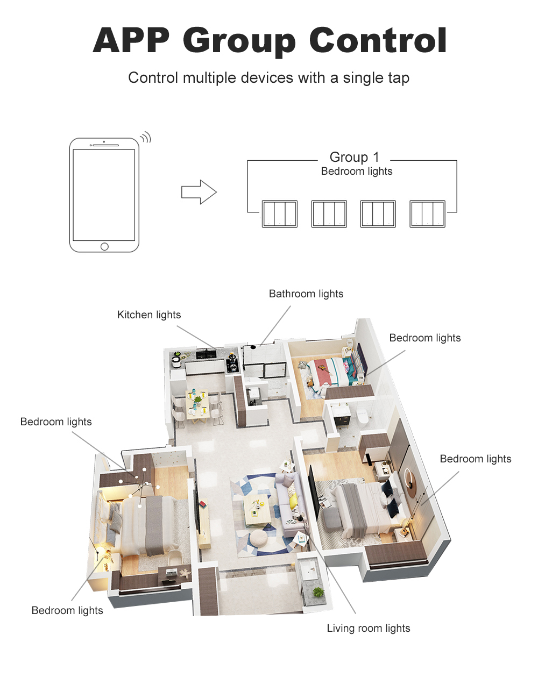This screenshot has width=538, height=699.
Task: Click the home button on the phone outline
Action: pyautogui.click(x=104, y=247)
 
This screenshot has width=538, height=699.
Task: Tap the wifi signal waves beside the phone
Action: pyautogui.click(x=146, y=137)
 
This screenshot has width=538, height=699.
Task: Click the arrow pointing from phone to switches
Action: pyautogui.click(x=199, y=192)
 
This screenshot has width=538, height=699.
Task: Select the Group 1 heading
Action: pyautogui.click(x=354, y=157)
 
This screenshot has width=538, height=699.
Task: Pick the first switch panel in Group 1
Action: pyautogui.click(x=280, y=214)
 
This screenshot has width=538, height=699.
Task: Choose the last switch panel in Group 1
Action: pyautogui.click(x=427, y=214)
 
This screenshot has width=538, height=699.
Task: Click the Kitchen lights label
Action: pyautogui.click(x=149, y=315)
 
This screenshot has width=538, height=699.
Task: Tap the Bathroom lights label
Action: pyautogui.click(x=306, y=294)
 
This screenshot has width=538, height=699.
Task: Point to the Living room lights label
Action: pyautogui.click(x=369, y=628)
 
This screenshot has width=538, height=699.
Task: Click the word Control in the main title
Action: pyautogui.click(x=378, y=41)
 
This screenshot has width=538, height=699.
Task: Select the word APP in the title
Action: pyautogui.click(x=131, y=40)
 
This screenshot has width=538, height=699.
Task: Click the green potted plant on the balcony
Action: pyautogui.click(x=318, y=592)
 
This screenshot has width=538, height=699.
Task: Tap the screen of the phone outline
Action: pyautogui.click(x=104, y=195)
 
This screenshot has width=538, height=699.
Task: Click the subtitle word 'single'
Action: pyautogui.click(x=362, y=78)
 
